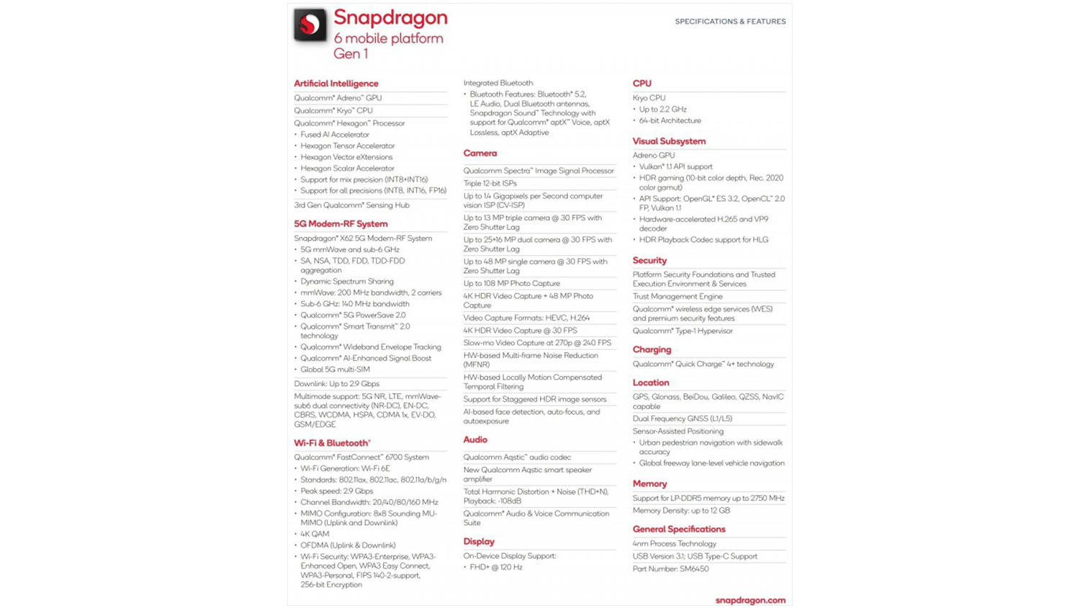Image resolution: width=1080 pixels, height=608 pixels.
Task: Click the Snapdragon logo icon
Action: [310, 25]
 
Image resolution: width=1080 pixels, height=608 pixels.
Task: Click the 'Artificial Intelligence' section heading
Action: [336, 84]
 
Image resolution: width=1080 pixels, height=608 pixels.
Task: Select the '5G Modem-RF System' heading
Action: [341, 224]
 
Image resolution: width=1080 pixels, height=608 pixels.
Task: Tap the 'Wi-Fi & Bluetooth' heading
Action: [332, 443]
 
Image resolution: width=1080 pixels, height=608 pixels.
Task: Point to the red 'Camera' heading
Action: [480, 153]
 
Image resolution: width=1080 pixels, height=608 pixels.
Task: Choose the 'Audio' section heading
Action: [475, 439]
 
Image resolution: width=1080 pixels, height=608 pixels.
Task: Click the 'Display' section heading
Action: [479, 542]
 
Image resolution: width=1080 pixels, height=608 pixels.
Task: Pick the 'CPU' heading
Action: [642, 84]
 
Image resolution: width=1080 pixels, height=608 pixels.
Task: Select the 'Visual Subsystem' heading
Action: [669, 141]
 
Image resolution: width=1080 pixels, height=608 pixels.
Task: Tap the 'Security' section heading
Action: [649, 261]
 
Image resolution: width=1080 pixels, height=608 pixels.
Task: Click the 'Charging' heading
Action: [652, 349]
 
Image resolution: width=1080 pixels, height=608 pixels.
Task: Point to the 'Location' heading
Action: [651, 383]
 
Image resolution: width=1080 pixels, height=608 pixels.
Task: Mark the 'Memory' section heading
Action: [649, 484]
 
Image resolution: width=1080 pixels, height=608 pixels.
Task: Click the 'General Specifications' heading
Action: [679, 529]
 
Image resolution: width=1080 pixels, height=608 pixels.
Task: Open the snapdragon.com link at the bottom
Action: [750, 600]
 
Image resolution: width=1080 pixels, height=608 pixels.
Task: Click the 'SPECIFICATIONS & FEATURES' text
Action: [730, 22]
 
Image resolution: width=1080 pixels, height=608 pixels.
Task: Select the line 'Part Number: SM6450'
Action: [670, 569]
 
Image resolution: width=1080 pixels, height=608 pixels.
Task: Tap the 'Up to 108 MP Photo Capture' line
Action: [511, 284]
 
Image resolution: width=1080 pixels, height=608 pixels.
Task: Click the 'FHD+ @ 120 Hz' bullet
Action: [496, 568]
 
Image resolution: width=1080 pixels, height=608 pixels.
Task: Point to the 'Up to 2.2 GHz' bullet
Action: [662, 109]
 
